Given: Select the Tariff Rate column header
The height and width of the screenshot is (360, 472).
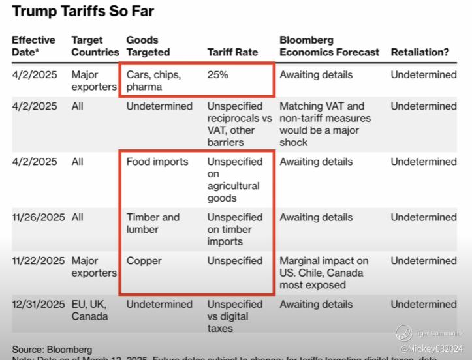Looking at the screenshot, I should click(232, 52).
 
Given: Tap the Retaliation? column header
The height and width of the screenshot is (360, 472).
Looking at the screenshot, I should click(420, 52).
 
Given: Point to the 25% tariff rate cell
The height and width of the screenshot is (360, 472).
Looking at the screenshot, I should click(218, 74).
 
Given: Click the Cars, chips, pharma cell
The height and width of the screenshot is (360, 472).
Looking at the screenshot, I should click(153, 80).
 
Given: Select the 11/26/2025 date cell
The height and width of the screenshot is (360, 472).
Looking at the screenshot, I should click(39, 217).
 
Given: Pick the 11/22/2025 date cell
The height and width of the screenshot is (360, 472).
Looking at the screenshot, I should click(39, 260).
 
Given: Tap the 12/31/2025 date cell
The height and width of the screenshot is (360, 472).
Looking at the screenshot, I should click(39, 304).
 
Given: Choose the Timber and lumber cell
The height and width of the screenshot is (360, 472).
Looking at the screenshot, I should click(153, 223).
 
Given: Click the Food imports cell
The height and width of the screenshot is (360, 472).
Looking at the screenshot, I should click(157, 162).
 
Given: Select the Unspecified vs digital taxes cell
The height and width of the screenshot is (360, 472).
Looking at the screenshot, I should click(235, 316).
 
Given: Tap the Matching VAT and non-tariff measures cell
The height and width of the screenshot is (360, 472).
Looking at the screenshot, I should click(325, 124).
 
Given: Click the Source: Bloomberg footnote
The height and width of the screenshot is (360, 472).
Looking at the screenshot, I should click(52, 350).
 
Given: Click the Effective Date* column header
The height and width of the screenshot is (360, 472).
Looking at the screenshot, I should click(34, 46).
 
